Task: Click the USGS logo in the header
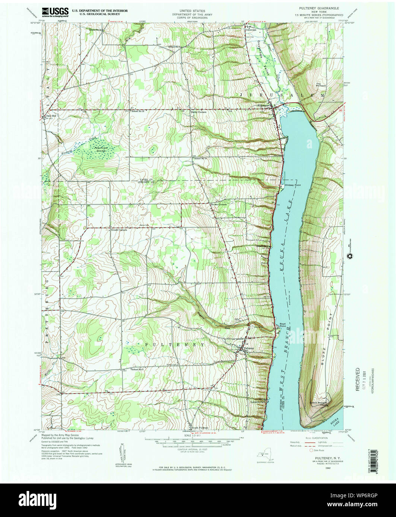(x=55, y=12)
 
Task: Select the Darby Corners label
(x=199, y=112)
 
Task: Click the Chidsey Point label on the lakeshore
(x=292, y=185)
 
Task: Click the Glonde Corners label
(x=119, y=230)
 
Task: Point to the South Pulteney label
(x=200, y=428)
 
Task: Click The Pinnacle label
(x=321, y=84)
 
